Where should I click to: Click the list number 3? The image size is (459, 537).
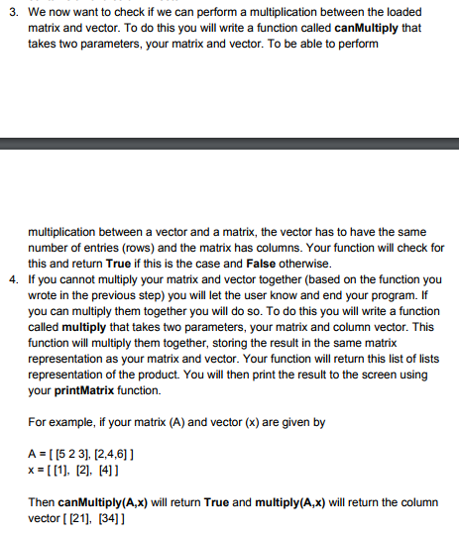(10, 12)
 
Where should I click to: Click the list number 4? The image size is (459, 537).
(10, 279)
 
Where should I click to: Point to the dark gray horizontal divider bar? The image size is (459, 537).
(229, 143)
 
